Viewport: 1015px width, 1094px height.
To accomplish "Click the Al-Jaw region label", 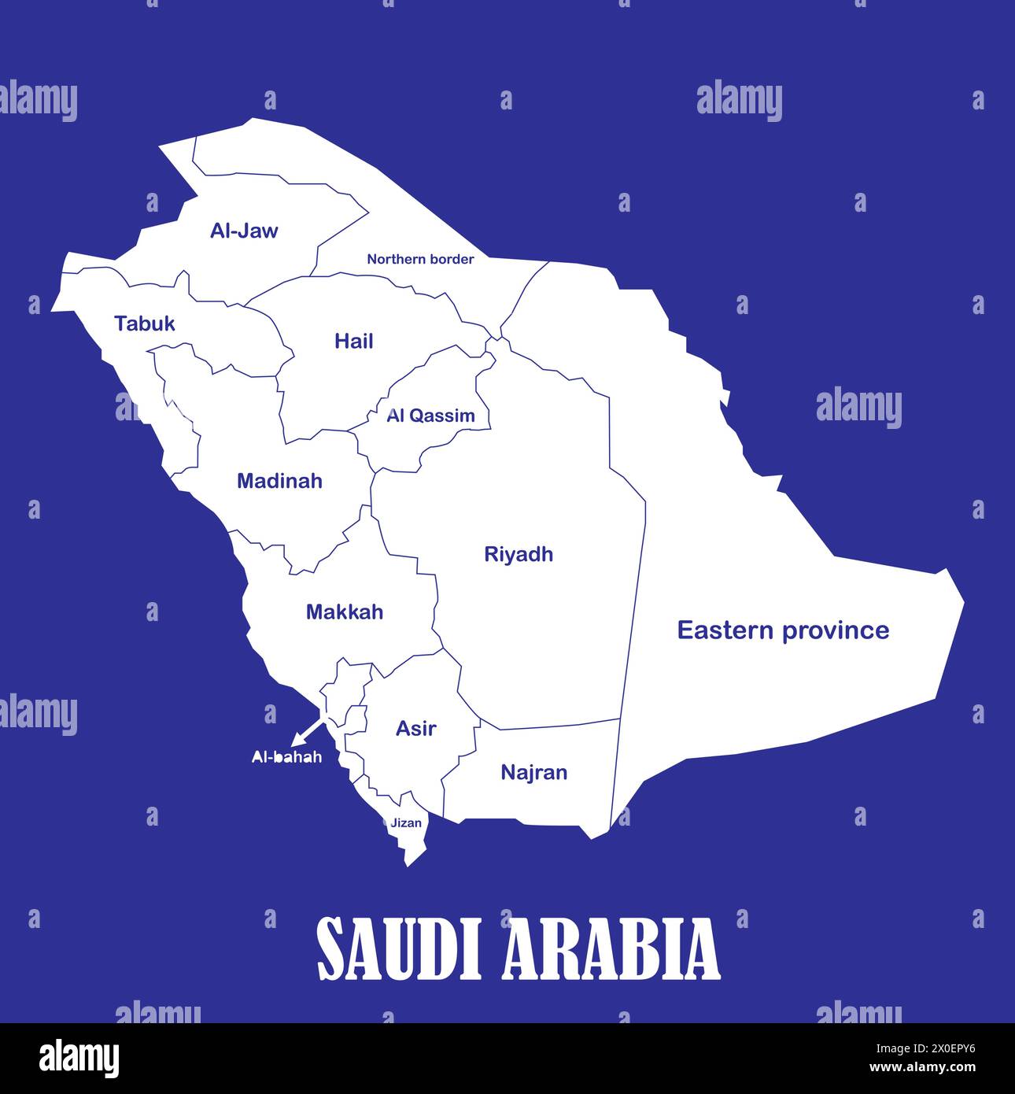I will tap(244, 231).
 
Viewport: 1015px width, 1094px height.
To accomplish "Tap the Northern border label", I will tap(420, 259).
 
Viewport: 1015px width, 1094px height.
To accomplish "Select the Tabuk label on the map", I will tap(145, 323).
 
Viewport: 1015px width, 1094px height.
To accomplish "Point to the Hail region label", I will tap(353, 341).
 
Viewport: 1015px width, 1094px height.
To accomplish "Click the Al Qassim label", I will tap(430, 416).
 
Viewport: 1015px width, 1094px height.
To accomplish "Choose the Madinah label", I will tap(279, 481).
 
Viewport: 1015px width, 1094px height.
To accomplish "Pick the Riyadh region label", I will tap(519, 554).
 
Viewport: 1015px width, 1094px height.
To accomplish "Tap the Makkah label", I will tap(345, 612).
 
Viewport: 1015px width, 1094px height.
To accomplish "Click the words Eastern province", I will tap(783, 630).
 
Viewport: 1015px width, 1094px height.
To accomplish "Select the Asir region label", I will tap(415, 729).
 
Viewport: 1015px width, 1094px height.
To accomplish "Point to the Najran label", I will tap(534, 772).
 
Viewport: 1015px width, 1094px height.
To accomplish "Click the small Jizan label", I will tap(406, 823).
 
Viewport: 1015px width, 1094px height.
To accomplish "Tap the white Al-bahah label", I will tap(286, 757).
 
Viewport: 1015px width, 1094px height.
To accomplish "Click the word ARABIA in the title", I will tap(611, 948).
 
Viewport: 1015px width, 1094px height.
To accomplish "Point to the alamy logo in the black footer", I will tap(79, 1058).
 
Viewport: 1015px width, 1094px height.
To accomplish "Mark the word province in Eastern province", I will tap(838, 630).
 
